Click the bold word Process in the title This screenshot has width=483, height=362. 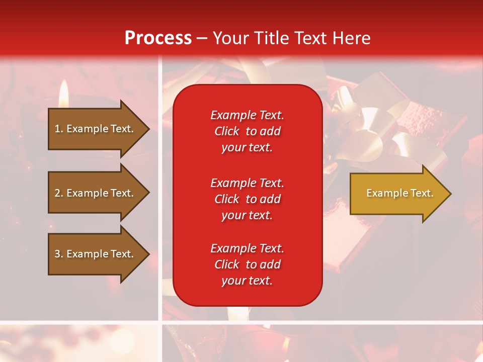[x=158, y=38]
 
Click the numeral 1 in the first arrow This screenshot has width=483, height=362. [x=57, y=129]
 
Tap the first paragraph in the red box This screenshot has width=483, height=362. [x=247, y=131]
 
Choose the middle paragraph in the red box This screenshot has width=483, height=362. [x=247, y=199]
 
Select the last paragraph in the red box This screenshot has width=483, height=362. [x=247, y=264]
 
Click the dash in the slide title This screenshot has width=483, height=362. [x=202, y=39]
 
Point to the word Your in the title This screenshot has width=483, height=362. [x=230, y=38]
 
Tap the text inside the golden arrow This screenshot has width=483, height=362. [x=399, y=193]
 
